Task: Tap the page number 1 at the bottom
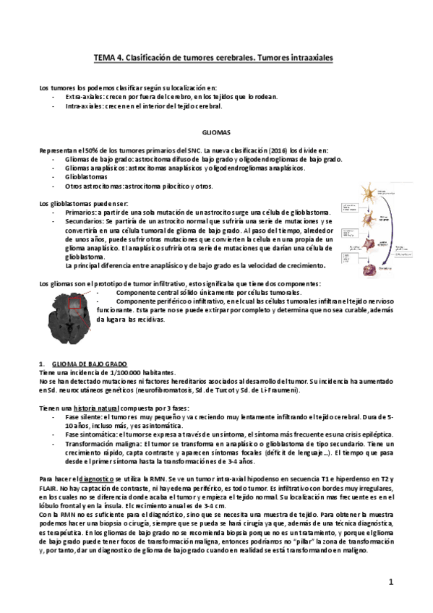click(x=390, y=580)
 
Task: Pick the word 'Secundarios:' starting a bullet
click(x=85, y=221)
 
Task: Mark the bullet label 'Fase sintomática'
click(x=90, y=435)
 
